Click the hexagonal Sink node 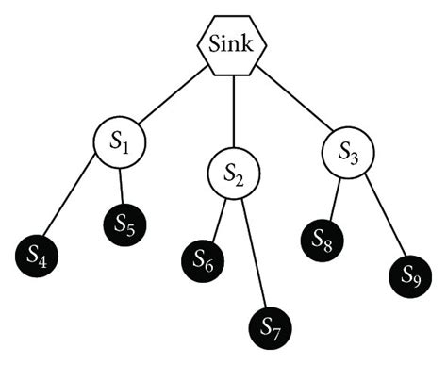pos(232,43)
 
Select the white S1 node pos(119,144)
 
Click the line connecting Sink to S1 pos(174,98)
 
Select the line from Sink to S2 pos(233,113)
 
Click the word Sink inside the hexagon pos(232,43)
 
